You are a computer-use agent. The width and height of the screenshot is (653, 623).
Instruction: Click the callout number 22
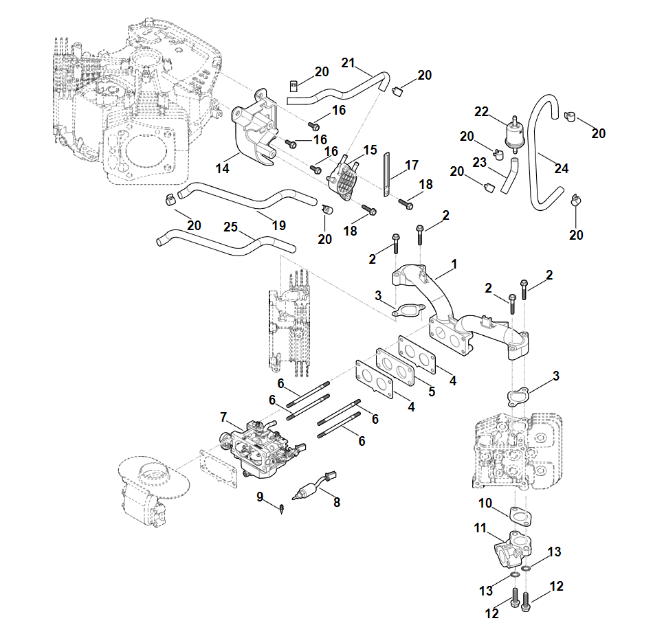[x=481, y=112]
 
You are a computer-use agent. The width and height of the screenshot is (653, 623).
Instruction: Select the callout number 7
[x=223, y=417]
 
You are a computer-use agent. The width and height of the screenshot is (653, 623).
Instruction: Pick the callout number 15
[x=370, y=149]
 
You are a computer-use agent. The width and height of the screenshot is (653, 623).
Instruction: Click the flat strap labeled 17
[x=386, y=174]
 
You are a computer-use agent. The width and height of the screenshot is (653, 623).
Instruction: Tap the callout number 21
[x=348, y=64]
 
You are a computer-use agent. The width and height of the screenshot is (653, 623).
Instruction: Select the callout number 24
[x=562, y=168]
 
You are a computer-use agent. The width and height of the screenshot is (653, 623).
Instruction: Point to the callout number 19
[x=278, y=225]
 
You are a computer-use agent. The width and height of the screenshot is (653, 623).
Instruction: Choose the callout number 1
[x=454, y=264]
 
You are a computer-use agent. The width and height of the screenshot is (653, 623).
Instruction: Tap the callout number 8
[x=337, y=501]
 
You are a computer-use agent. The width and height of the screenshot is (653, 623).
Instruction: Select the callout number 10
[x=485, y=503]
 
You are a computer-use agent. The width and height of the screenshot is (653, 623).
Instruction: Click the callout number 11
[x=480, y=529]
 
